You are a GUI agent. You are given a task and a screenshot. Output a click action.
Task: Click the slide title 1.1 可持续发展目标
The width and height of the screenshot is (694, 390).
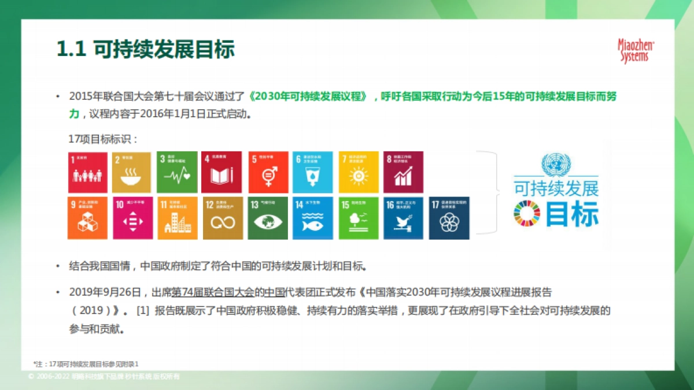(x=145, y=50)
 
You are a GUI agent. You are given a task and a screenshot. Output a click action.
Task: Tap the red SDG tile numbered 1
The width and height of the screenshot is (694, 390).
(x=87, y=172)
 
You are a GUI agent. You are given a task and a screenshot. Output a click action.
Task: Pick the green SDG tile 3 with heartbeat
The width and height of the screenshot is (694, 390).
(x=176, y=172)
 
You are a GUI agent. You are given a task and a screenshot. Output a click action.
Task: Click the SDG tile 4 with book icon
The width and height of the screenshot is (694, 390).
(x=222, y=172)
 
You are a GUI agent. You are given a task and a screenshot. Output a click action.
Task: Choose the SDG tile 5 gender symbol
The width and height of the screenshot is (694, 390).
(x=268, y=172)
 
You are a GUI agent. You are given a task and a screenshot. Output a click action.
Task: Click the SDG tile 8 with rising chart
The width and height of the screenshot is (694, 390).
(x=403, y=172)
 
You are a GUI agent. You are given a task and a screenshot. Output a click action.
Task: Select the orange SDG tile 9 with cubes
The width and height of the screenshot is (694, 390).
(x=87, y=218)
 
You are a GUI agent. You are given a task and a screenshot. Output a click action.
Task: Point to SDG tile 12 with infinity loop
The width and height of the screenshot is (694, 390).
(x=223, y=218)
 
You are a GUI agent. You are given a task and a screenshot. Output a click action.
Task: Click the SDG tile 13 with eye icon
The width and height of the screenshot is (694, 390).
(x=268, y=218)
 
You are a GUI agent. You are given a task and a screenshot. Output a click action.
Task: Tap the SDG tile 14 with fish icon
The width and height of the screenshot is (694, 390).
(x=313, y=218)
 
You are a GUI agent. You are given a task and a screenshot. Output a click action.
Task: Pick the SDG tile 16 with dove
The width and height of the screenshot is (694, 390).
(x=403, y=218)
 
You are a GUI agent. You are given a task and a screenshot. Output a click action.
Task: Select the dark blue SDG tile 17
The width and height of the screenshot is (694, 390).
(x=449, y=218)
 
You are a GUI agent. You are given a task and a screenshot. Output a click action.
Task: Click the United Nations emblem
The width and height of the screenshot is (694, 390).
(x=555, y=164)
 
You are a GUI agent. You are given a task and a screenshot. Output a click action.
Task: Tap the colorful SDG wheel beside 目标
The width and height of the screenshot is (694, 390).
(x=526, y=214)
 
